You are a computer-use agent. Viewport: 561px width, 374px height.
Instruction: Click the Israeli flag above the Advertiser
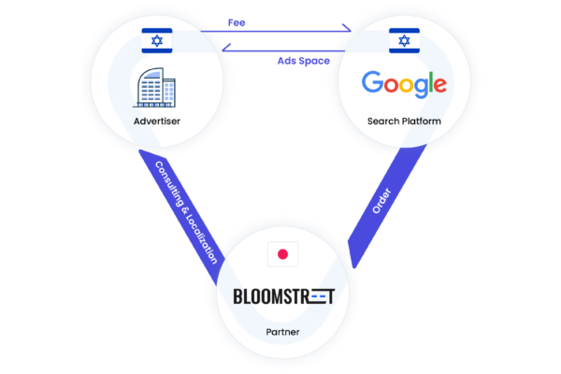[x=157, y=40]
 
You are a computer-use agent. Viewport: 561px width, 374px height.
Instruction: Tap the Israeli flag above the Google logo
[x=404, y=40]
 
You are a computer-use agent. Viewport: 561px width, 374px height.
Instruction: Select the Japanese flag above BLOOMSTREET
[x=282, y=254]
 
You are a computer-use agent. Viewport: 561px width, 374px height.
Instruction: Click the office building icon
[x=154, y=88]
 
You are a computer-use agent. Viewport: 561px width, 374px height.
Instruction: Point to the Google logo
[x=404, y=84]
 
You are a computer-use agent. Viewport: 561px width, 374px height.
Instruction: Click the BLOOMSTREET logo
[x=284, y=296]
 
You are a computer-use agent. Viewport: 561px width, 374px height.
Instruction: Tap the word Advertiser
[x=157, y=122]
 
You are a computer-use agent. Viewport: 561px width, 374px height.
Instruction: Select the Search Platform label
[x=404, y=122]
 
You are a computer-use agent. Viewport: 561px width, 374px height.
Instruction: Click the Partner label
[x=282, y=332]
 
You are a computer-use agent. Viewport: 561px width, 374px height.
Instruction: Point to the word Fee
[x=237, y=22]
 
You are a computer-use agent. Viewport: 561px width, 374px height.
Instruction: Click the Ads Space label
[x=303, y=61]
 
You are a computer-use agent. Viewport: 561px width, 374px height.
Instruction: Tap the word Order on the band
[x=381, y=201]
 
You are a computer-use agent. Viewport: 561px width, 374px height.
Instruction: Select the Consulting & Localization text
[x=186, y=212]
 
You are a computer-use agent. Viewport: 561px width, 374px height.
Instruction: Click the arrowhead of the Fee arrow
[x=347, y=28]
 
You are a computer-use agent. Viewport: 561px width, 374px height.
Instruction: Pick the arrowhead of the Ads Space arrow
[x=226, y=48]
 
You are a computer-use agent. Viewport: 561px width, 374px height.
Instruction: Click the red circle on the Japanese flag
[x=282, y=254]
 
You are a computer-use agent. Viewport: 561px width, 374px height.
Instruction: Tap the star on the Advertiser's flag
[x=157, y=40]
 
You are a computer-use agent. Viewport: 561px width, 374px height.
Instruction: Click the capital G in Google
[x=372, y=81]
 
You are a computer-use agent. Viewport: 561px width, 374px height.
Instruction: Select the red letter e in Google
[x=440, y=85]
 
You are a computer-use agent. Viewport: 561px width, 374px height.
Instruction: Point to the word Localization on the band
[x=201, y=238]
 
